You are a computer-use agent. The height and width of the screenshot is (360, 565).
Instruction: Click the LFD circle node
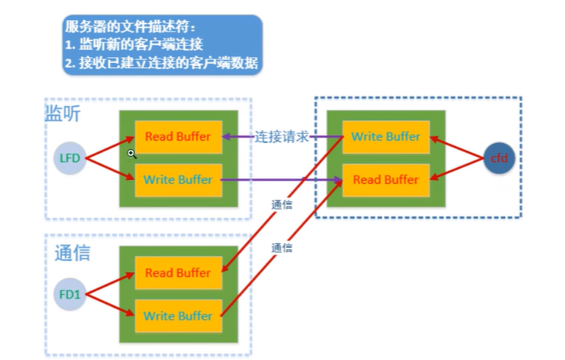click(x=69, y=159)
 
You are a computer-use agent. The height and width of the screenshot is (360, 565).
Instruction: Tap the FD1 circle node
click(x=69, y=294)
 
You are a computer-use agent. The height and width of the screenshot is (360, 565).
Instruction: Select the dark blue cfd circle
click(x=500, y=158)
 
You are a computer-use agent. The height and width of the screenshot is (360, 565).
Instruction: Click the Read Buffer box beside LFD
click(x=178, y=137)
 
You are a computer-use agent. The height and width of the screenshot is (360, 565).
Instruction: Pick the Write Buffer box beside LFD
click(x=178, y=180)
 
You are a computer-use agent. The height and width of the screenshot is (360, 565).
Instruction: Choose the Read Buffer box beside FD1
click(x=178, y=273)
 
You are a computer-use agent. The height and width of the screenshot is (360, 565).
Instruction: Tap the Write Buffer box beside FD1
click(x=178, y=315)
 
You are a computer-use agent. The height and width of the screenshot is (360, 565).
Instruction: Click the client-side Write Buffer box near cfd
click(x=386, y=137)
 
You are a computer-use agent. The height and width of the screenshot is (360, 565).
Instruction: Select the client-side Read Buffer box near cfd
click(x=386, y=180)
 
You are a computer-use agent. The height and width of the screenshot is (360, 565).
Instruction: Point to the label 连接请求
click(x=282, y=137)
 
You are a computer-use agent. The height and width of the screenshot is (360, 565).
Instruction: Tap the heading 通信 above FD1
click(x=72, y=252)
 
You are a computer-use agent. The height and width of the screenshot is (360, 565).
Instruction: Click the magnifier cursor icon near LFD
click(x=132, y=154)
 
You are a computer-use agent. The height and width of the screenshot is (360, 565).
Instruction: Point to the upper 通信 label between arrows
click(x=282, y=205)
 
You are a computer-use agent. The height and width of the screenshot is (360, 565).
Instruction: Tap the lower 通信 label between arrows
click(x=282, y=248)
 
